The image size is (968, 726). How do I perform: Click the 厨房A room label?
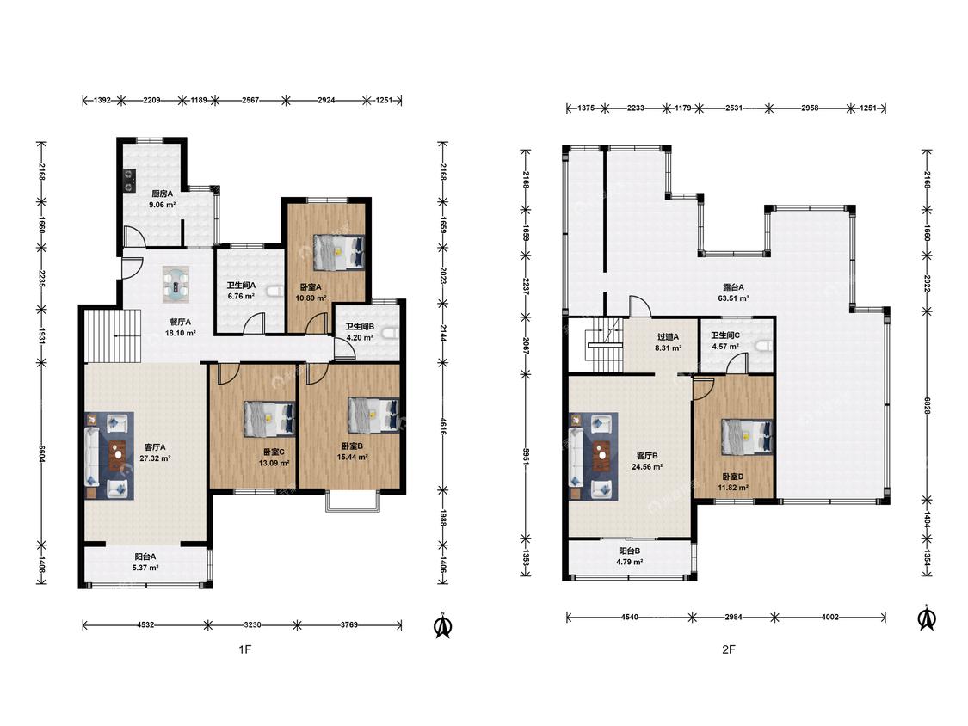(x=162, y=194)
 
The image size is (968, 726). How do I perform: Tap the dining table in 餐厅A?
(x=178, y=284)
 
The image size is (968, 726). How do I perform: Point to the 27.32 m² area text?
(x=155, y=458)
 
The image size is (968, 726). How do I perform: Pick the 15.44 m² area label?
(x=353, y=458)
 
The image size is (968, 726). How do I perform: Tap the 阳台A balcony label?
(x=145, y=557)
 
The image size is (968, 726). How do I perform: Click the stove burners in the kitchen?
(x=130, y=180)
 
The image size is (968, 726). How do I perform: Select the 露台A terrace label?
(x=733, y=287)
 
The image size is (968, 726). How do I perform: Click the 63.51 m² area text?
(x=733, y=298)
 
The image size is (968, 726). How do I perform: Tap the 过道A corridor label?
(x=668, y=337)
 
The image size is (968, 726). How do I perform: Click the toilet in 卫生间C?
(x=764, y=346)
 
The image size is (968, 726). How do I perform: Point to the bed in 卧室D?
(x=747, y=437)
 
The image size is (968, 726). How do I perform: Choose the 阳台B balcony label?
(x=630, y=551)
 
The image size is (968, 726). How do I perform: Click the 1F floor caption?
(x=245, y=649)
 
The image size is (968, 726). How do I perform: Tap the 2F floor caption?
(x=729, y=649)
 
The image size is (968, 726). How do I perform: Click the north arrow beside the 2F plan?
(x=927, y=618)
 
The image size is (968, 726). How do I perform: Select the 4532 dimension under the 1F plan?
(x=145, y=624)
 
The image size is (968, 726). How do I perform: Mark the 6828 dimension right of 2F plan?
(x=928, y=406)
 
